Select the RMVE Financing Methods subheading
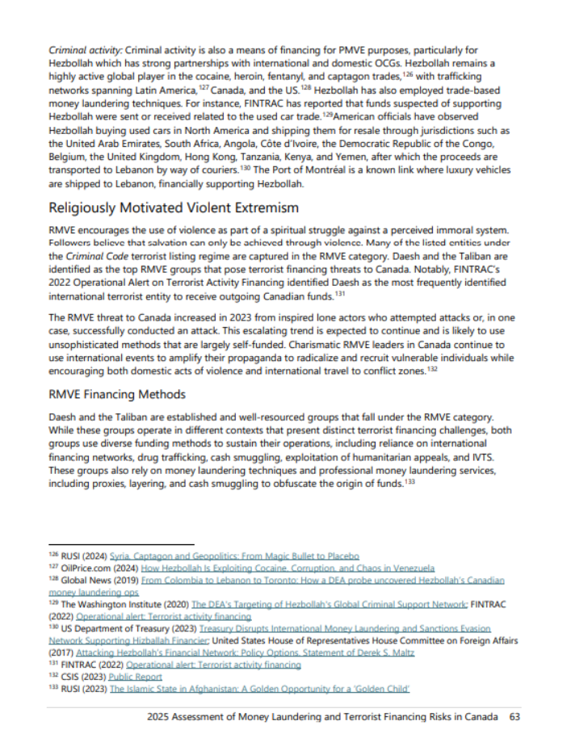point(117,394)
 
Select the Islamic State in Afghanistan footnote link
point(260,689)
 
